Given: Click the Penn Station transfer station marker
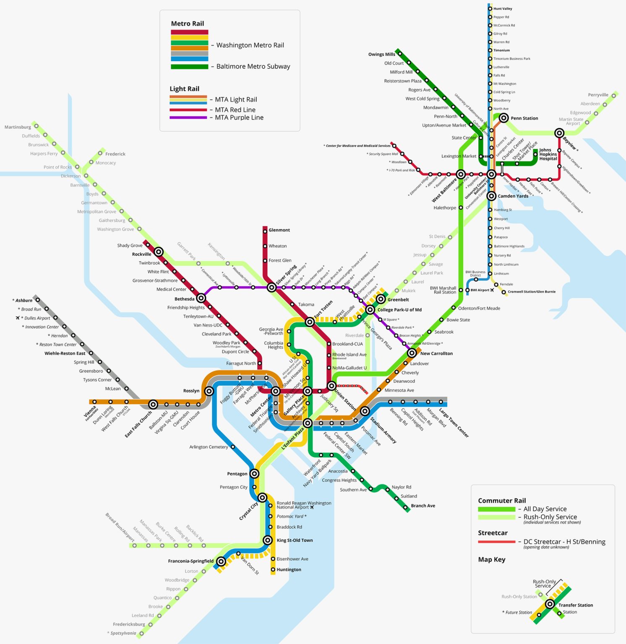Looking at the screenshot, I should coord(503,118).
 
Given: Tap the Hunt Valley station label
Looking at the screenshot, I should coord(503,9).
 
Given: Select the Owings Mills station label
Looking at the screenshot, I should coord(381,54).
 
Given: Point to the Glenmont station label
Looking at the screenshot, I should coord(279,230).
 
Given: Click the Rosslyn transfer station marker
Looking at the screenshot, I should coord(209,391).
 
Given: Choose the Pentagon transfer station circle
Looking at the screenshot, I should coord(254,474).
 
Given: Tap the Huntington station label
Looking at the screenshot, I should coord(289,570).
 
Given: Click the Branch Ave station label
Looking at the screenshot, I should coord(423,506).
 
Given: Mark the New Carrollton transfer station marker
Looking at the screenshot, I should coord(412,353).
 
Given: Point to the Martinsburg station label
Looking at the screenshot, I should coord(18,127).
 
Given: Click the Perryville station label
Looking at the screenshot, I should coord(598,95).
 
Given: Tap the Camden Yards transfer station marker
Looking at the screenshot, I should coord(491,196).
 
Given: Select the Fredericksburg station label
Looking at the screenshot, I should coord(129,624).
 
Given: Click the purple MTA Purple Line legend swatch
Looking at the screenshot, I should coord(188,118).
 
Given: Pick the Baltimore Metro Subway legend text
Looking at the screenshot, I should coord(253,67).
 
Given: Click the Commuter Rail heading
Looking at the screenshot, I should coord(502,501).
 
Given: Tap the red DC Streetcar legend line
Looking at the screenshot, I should coord(496,542).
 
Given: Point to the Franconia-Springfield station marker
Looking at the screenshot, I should coord(221,561).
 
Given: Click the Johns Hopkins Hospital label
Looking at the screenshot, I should coord(548,154).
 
